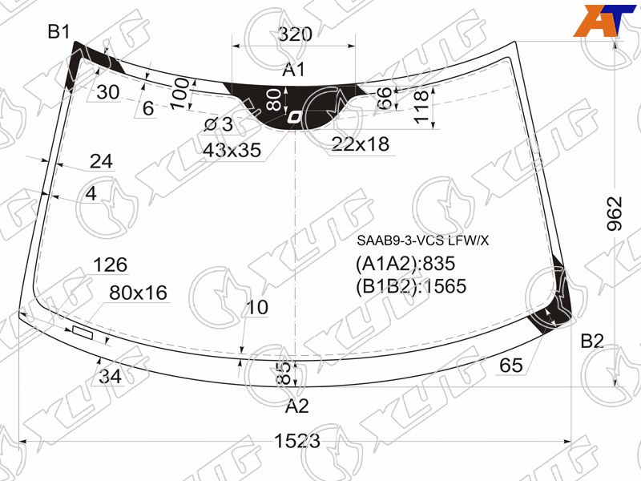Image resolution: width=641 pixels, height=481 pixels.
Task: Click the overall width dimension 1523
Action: tap(296, 441)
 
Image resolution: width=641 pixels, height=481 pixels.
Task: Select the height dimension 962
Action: tap(614, 213)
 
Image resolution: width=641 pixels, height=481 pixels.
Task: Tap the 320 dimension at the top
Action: tap(295, 34)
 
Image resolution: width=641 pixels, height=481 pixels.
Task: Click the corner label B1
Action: tap(58, 31)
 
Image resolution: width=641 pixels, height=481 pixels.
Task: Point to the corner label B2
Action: tap(592, 341)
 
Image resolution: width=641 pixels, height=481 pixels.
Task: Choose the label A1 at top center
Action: tap(293, 70)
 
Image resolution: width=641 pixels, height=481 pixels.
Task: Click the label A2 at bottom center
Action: tap(296, 406)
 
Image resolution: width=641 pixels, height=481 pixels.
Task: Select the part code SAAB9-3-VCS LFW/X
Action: tap(423, 240)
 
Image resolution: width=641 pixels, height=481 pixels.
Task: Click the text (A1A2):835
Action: tap(405, 264)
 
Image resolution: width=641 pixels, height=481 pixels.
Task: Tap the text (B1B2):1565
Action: tap(411, 286)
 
